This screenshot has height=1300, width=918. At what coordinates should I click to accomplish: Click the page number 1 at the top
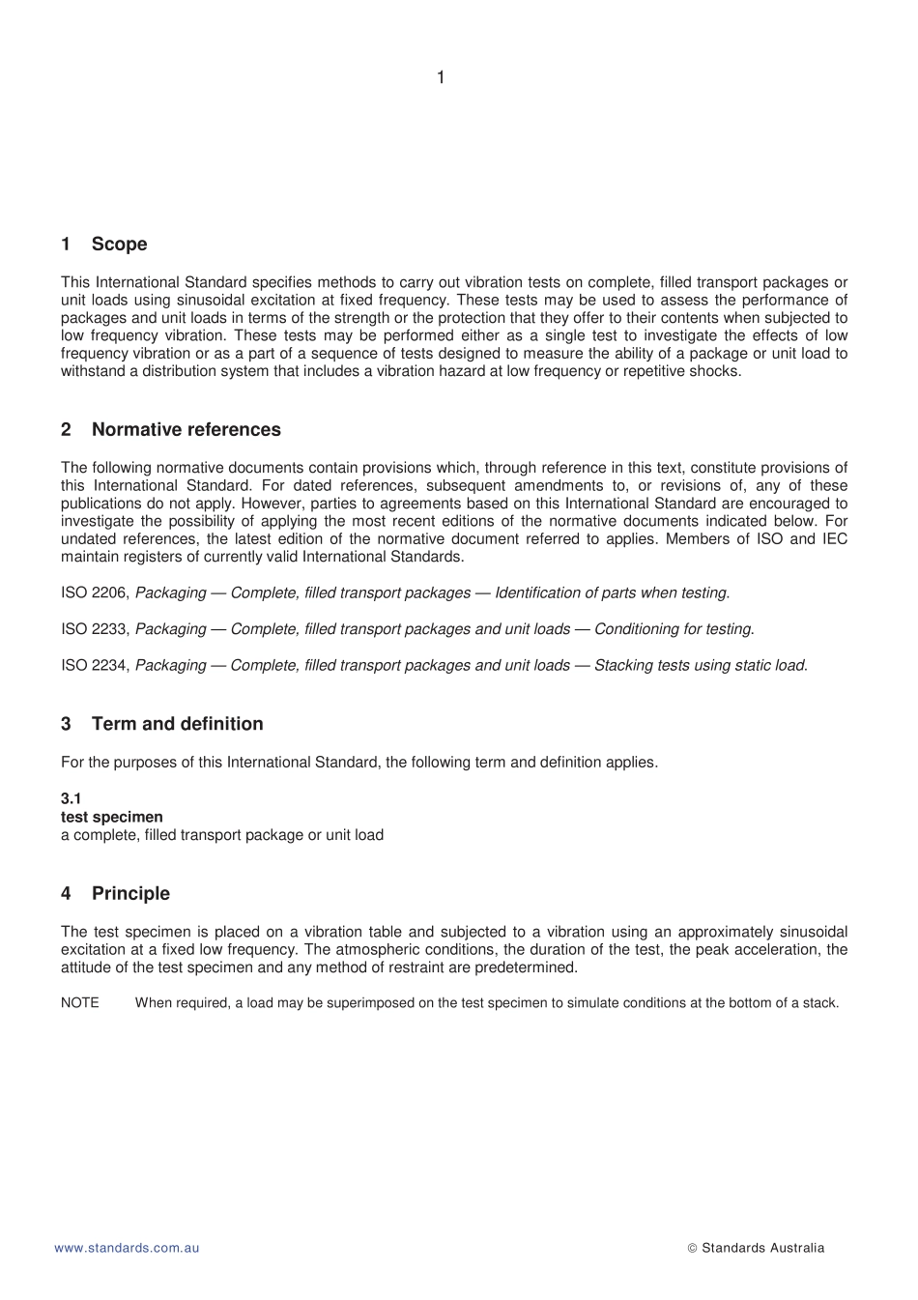[441, 77]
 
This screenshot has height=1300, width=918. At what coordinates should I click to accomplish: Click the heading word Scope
[119, 245]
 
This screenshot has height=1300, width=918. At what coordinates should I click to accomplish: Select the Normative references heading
[186, 430]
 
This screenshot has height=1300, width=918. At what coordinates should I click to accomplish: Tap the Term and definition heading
[177, 724]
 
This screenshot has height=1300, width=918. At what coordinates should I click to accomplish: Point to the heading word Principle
[130, 894]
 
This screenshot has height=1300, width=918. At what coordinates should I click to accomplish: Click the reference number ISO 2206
[95, 592]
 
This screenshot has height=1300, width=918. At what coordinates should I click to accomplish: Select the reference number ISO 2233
[95, 629]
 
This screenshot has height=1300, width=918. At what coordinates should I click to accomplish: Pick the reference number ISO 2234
[95, 665]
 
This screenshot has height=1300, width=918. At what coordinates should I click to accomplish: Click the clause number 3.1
[71, 798]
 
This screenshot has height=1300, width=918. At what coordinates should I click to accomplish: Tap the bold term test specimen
[111, 817]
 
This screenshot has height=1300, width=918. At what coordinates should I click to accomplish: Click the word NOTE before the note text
[79, 1003]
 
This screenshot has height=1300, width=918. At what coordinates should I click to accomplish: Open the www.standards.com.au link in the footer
[127, 1248]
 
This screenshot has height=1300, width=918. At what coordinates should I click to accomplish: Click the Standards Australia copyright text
[762, 1248]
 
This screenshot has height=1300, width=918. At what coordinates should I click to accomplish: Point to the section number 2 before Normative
[66, 430]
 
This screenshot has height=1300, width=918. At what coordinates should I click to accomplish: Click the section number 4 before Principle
[66, 894]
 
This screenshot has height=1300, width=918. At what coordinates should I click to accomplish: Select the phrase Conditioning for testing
[674, 629]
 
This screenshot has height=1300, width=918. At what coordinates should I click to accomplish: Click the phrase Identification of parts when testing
[612, 592]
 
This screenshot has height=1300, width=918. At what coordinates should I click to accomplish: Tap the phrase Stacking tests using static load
[700, 665]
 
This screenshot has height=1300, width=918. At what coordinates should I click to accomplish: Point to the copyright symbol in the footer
[692, 1249]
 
